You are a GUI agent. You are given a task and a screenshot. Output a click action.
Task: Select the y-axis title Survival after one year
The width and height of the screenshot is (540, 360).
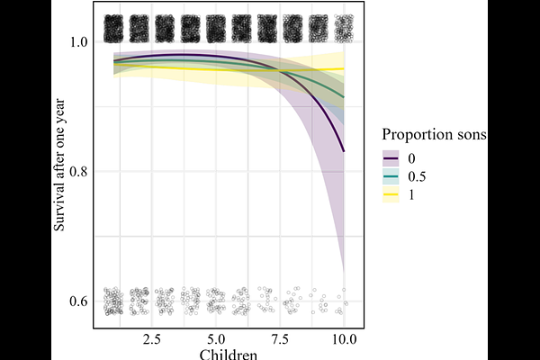[58, 171]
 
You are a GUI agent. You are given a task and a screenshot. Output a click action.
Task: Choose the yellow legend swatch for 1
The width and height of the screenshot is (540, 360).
[391, 193]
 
